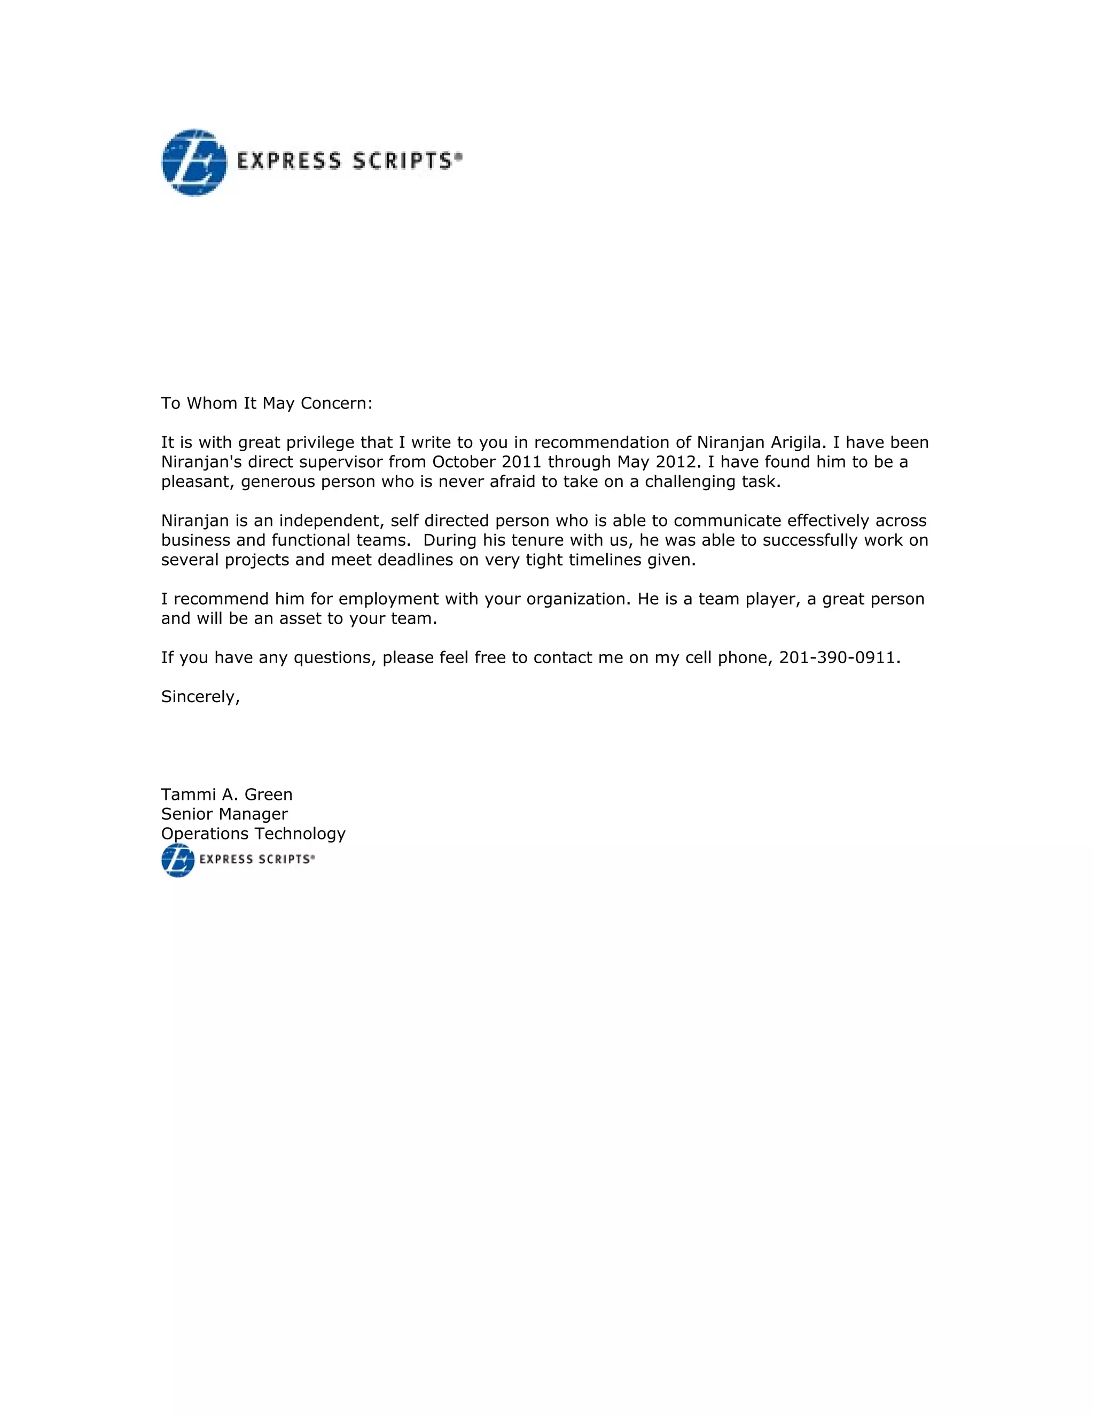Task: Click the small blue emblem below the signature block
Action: (177, 860)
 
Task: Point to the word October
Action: (464, 462)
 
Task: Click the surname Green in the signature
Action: (268, 795)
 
